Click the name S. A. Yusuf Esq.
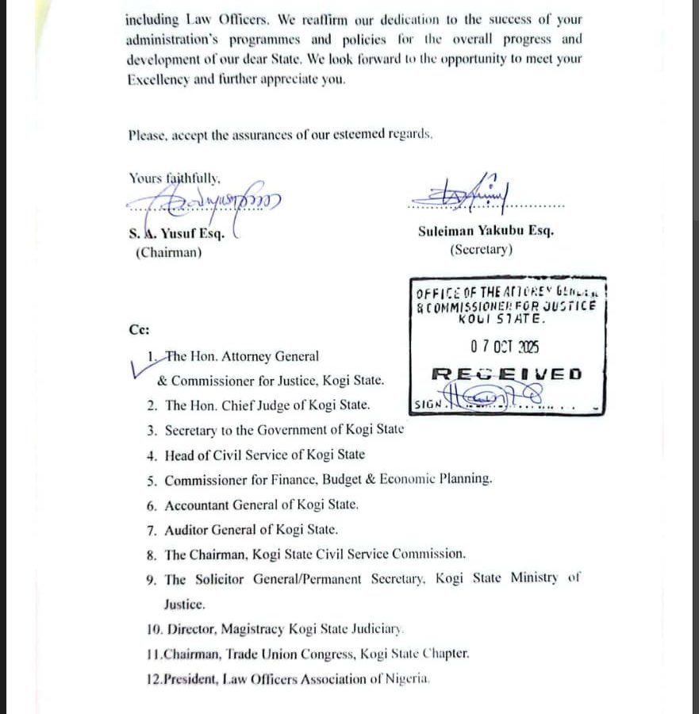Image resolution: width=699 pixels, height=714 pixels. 177,234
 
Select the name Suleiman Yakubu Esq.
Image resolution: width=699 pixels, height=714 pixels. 486,231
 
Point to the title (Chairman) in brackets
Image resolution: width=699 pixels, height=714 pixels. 168,253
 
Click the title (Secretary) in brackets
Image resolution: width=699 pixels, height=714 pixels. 481,249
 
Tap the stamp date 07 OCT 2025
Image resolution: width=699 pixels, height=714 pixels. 505,347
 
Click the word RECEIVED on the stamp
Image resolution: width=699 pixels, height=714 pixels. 506,374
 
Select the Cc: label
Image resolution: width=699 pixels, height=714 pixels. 139,329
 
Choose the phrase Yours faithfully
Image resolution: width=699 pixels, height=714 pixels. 175,178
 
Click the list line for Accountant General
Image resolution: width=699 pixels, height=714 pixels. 261,505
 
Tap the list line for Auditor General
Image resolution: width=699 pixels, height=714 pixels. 251,529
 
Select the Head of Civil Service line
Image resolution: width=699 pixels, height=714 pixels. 264,455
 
